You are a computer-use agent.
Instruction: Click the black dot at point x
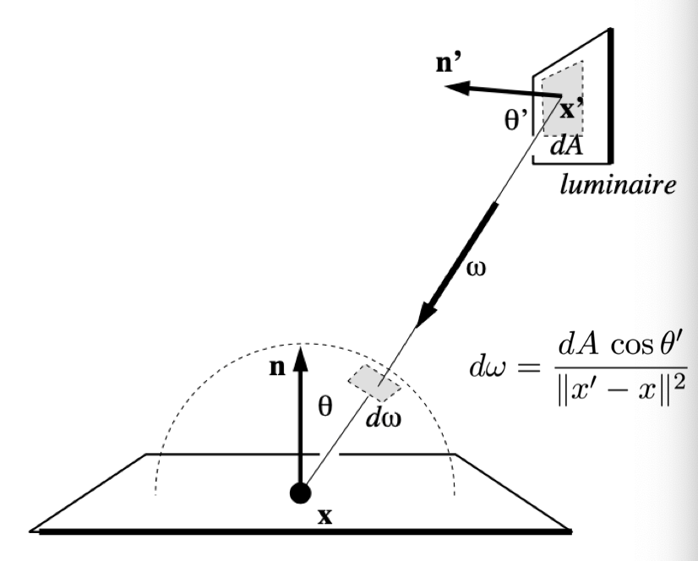pos(301,493)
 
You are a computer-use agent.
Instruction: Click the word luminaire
pos(619,184)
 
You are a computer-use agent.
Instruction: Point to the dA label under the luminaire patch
pos(566,145)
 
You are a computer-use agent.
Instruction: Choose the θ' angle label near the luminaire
pos(516,119)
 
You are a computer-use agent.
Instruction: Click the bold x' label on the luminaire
pos(571,109)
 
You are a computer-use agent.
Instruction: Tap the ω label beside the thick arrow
pos(477,269)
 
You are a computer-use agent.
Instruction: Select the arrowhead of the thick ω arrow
pos(427,314)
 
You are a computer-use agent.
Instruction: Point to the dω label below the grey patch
pos(384,418)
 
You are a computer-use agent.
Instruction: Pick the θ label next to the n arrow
pos(325,406)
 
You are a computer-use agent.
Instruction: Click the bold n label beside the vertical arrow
pos(277,368)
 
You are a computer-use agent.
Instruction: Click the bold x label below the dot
pos(325,516)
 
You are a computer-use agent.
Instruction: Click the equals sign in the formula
pos(528,368)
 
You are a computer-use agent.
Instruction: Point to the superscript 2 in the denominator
pos(680,382)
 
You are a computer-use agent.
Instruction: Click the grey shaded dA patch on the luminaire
pos(563,99)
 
